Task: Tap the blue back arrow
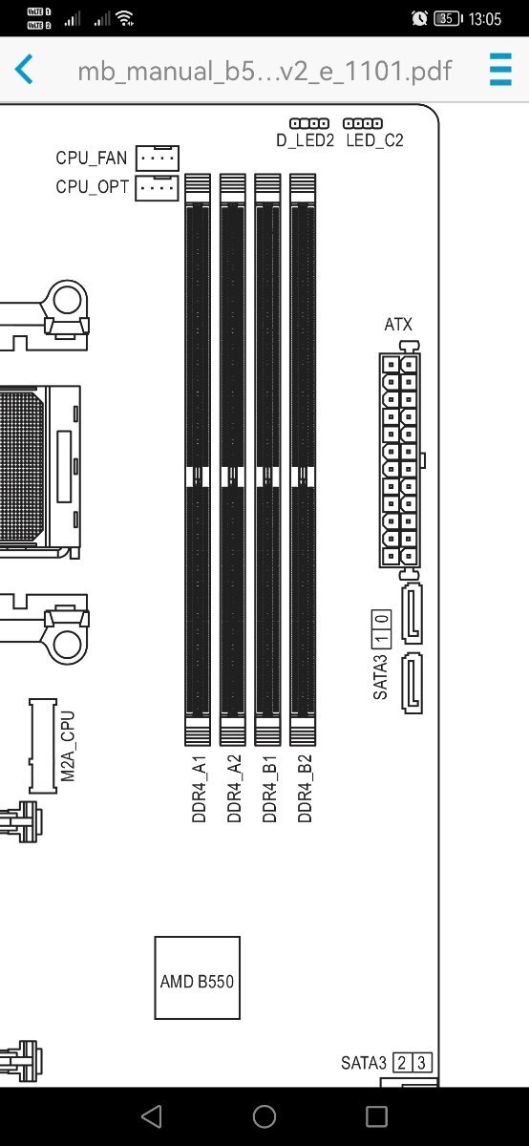coord(24,69)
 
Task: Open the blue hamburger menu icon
coord(500,69)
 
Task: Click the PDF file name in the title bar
coord(265,71)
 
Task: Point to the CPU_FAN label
coord(91,158)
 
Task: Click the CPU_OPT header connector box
coord(157,188)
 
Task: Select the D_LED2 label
coord(305,140)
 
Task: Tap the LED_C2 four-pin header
coord(363,123)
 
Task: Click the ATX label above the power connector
coord(398,325)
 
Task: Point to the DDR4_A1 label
coord(199,789)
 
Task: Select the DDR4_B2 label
coord(305,789)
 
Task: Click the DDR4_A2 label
coord(234,789)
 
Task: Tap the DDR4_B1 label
coord(269,789)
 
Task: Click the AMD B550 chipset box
coord(197,978)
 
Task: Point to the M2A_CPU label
coord(68,747)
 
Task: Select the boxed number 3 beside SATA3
coord(421,1063)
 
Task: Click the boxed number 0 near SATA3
coord(382,620)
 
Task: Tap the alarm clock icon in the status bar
coord(419,18)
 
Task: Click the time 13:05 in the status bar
coord(484,19)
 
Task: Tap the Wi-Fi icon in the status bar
coord(125,18)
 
